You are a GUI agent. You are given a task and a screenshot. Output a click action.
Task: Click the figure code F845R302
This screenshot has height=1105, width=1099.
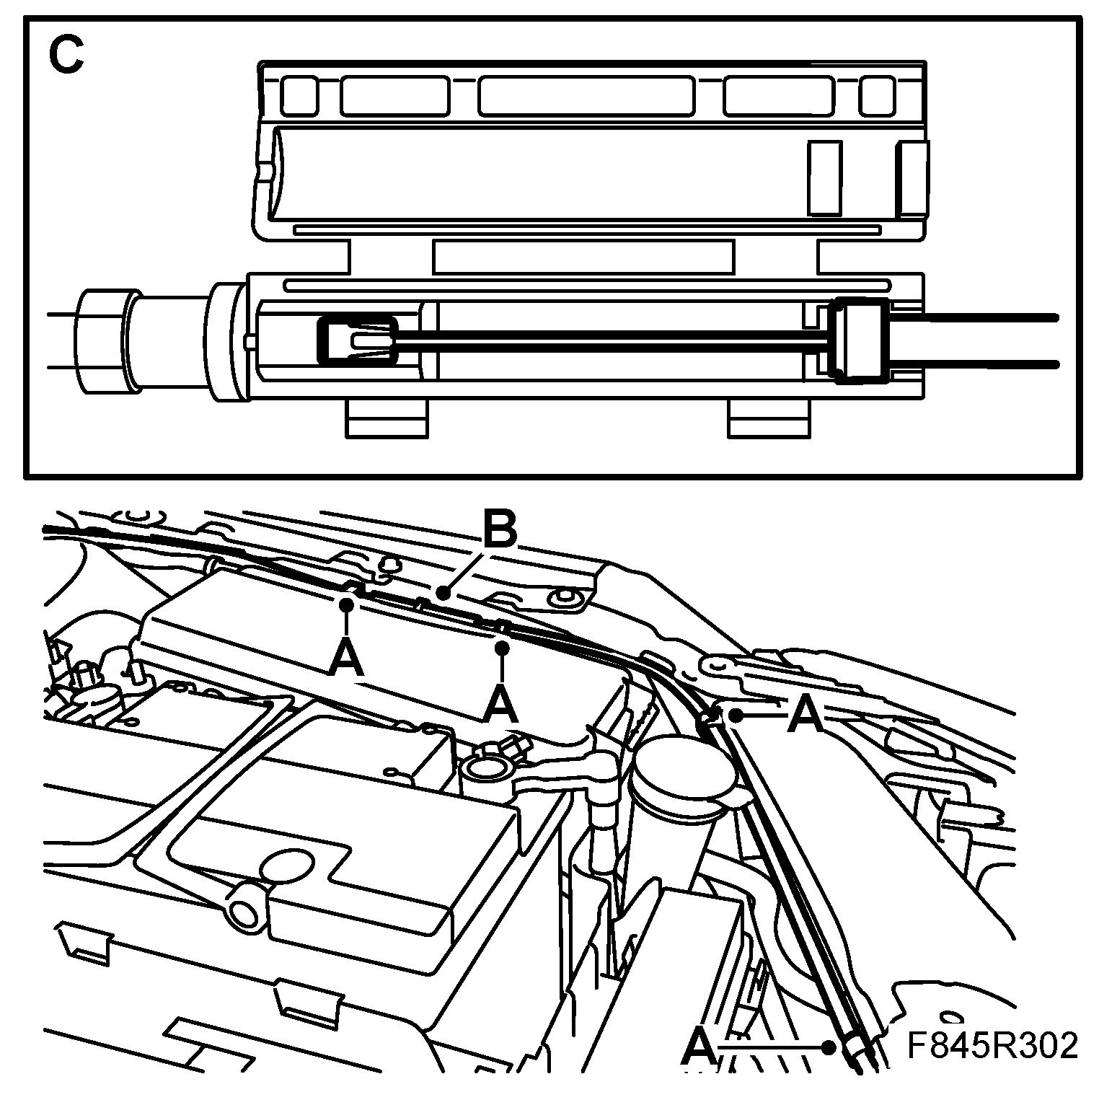(992, 1047)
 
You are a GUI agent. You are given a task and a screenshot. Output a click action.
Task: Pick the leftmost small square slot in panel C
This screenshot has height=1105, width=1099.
(299, 95)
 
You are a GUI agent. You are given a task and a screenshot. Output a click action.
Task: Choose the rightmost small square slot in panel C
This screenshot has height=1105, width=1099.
(878, 96)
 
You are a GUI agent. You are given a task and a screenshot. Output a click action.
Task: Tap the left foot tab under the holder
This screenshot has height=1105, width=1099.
(387, 418)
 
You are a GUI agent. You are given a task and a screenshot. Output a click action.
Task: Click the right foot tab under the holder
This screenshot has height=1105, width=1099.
(769, 418)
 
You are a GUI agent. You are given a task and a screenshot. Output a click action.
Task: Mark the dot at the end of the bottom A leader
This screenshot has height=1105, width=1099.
(833, 1045)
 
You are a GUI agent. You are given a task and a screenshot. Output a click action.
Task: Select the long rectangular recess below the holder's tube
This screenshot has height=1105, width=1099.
(583, 256)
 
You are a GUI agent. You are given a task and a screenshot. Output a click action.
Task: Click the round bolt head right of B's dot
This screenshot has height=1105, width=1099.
(564, 596)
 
